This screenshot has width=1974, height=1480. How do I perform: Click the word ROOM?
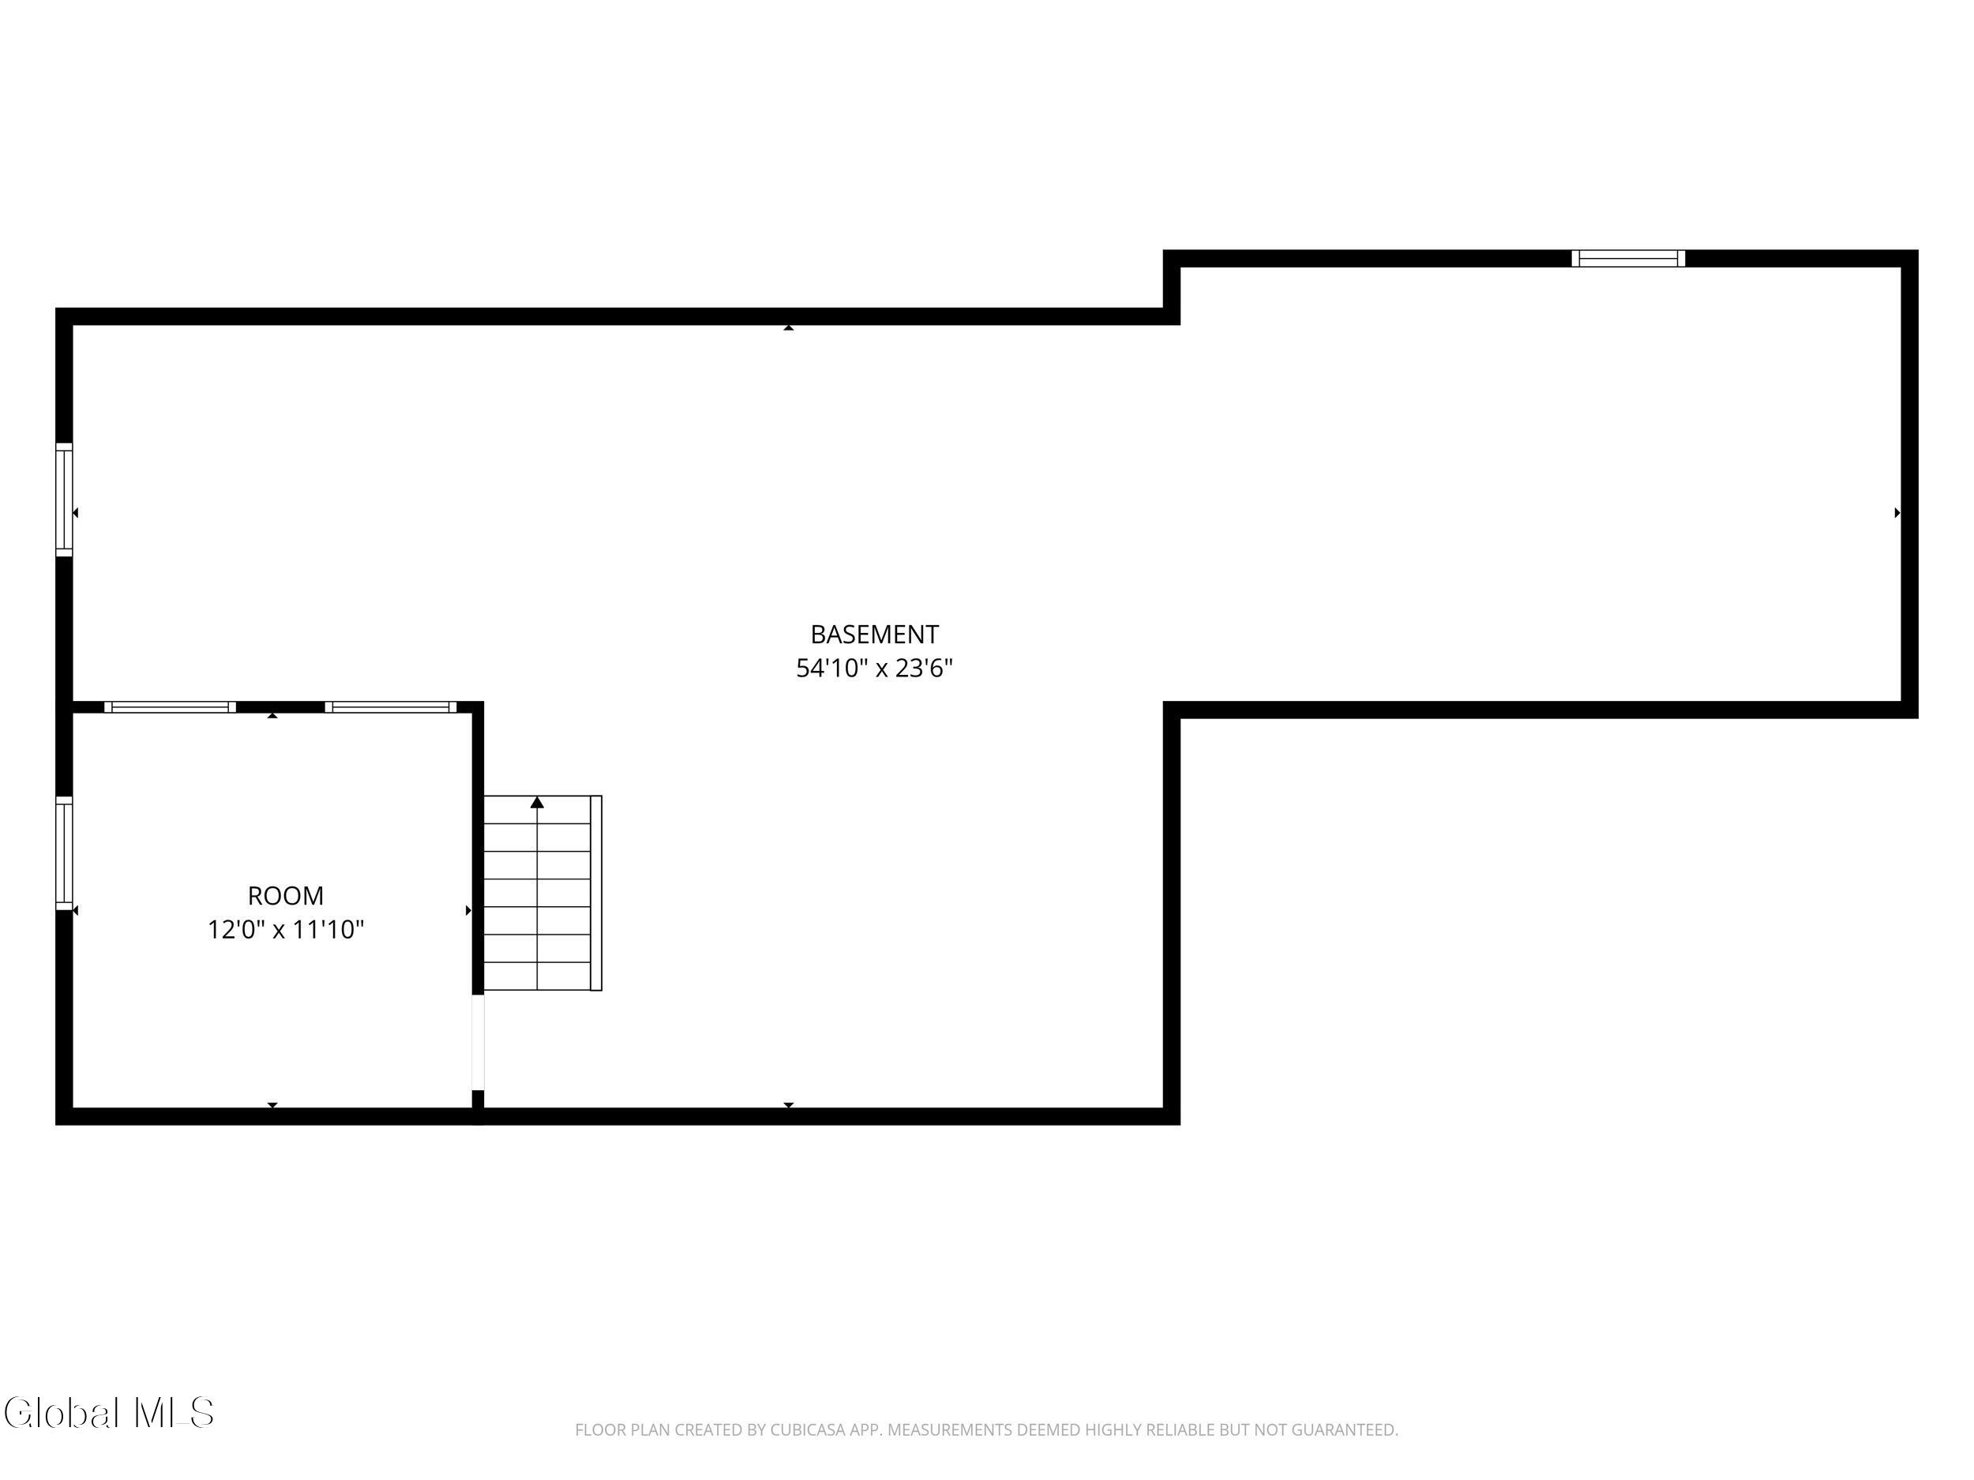coord(286,896)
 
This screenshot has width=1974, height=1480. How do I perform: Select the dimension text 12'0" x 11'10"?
coord(286,930)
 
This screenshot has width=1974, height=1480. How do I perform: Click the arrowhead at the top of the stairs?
coord(537,802)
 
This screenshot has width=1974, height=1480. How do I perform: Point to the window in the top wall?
coord(1629,259)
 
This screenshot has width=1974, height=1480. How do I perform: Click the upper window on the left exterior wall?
coord(64,500)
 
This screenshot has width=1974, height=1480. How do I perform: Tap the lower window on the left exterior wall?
coord(64,852)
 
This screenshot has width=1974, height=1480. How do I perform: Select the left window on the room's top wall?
coord(171,707)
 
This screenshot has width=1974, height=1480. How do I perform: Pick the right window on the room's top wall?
coord(391,707)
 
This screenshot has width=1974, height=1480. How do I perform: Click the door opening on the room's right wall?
coord(478,1042)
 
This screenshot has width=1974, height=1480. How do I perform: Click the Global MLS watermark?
coord(109,1413)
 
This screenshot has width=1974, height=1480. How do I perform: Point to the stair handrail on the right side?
coord(596,893)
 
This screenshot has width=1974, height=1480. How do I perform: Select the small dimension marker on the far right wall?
coord(1897,513)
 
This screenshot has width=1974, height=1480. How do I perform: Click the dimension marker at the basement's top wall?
coord(789,328)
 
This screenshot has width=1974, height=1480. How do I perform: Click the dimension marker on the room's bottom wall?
coord(273,1105)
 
